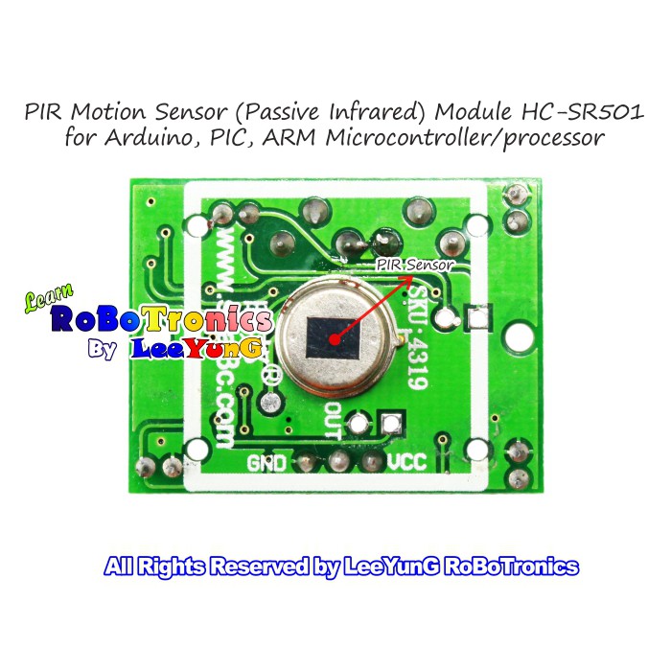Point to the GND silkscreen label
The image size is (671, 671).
tap(266, 463)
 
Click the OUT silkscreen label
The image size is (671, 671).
tap(332, 419)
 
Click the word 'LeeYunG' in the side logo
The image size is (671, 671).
tap(197, 349)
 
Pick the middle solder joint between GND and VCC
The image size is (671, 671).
tap(337, 461)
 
